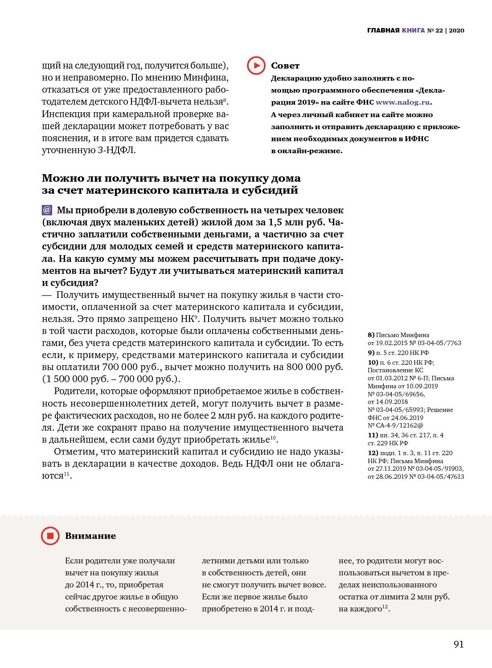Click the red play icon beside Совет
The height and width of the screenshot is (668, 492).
(x=256, y=65)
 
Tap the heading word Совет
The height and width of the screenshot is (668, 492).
(x=285, y=65)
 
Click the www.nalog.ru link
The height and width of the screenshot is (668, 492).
(x=403, y=102)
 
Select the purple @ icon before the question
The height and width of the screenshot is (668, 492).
(x=47, y=210)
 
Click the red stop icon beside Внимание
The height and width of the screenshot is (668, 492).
(x=50, y=536)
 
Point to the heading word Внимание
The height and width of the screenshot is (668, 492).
(x=90, y=536)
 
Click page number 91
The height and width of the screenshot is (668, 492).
(x=459, y=644)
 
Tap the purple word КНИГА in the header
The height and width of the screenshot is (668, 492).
(x=413, y=30)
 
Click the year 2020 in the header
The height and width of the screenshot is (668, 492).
(x=456, y=30)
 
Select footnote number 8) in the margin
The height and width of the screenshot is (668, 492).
(x=371, y=335)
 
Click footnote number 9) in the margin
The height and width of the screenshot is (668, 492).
(x=371, y=353)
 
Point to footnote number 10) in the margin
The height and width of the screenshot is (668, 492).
(x=373, y=363)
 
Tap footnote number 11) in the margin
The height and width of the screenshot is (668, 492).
(x=373, y=435)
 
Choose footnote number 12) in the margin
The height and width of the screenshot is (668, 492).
(x=373, y=453)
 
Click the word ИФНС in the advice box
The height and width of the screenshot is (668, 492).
(x=417, y=138)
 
